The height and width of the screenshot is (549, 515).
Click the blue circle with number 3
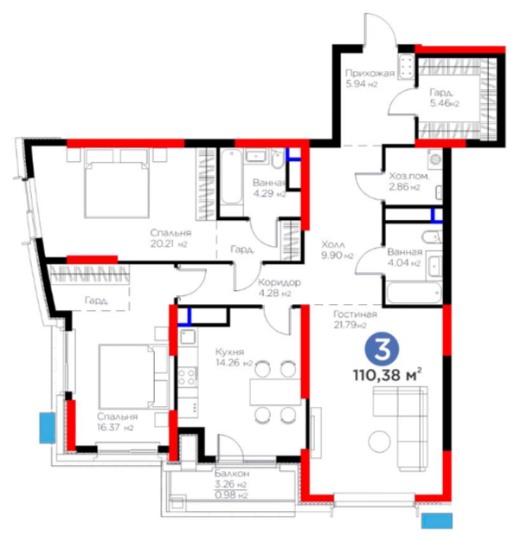click(x=382, y=351)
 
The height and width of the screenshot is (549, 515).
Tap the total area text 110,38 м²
click(x=387, y=375)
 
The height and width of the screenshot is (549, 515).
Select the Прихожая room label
click(x=370, y=73)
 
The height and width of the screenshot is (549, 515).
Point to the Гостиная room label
click(x=355, y=314)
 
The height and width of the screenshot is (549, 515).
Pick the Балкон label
click(x=232, y=474)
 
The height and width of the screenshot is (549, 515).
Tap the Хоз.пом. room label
click(x=409, y=176)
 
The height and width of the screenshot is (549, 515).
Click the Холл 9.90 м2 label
click(x=338, y=249)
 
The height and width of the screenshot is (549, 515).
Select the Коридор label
click(x=280, y=282)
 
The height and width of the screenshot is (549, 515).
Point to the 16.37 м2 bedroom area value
click(x=115, y=427)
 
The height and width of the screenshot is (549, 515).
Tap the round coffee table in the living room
click(x=379, y=441)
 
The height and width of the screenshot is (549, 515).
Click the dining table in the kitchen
click(x=275, y=391)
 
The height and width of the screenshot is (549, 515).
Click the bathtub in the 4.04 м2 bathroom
click(x=415, y=293)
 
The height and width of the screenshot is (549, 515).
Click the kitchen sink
click(x=188, y=337)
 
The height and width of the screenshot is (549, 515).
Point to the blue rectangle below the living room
click(x=436, y=520)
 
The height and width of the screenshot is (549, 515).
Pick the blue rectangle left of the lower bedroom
click(x=48, y=428)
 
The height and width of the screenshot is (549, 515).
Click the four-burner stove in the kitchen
click(x=188, y=377)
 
